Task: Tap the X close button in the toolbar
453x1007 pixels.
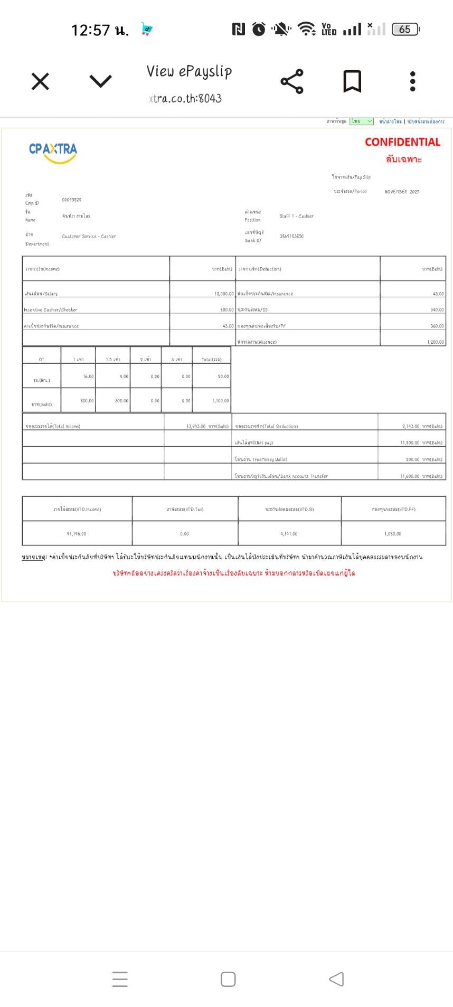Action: coord(40,82)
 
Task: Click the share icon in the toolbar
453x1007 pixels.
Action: coord(292,81)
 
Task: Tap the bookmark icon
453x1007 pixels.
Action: coord(352,81)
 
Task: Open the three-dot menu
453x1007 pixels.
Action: coord(413,81)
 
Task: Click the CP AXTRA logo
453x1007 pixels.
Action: coord(53,151)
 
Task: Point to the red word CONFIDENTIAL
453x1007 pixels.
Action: coord(402,142)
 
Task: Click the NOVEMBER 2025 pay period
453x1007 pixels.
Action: coord(402,192)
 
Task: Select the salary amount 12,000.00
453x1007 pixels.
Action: coord(224,294)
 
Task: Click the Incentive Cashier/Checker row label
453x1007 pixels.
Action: coord(51,310)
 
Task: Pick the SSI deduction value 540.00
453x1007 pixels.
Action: coord(437,310)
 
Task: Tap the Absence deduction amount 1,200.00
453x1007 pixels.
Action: coord(436,342)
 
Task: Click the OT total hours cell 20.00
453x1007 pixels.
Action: coord(223,377)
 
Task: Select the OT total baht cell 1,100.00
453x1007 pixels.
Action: coord(221,401)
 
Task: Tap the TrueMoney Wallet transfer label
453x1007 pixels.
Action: coord(261,459)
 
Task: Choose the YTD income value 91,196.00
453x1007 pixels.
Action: coord(77,534)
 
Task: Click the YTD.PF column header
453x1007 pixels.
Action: coord(393,510)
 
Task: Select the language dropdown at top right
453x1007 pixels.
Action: coord(361,121)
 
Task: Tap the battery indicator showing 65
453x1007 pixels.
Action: coord(405,30)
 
